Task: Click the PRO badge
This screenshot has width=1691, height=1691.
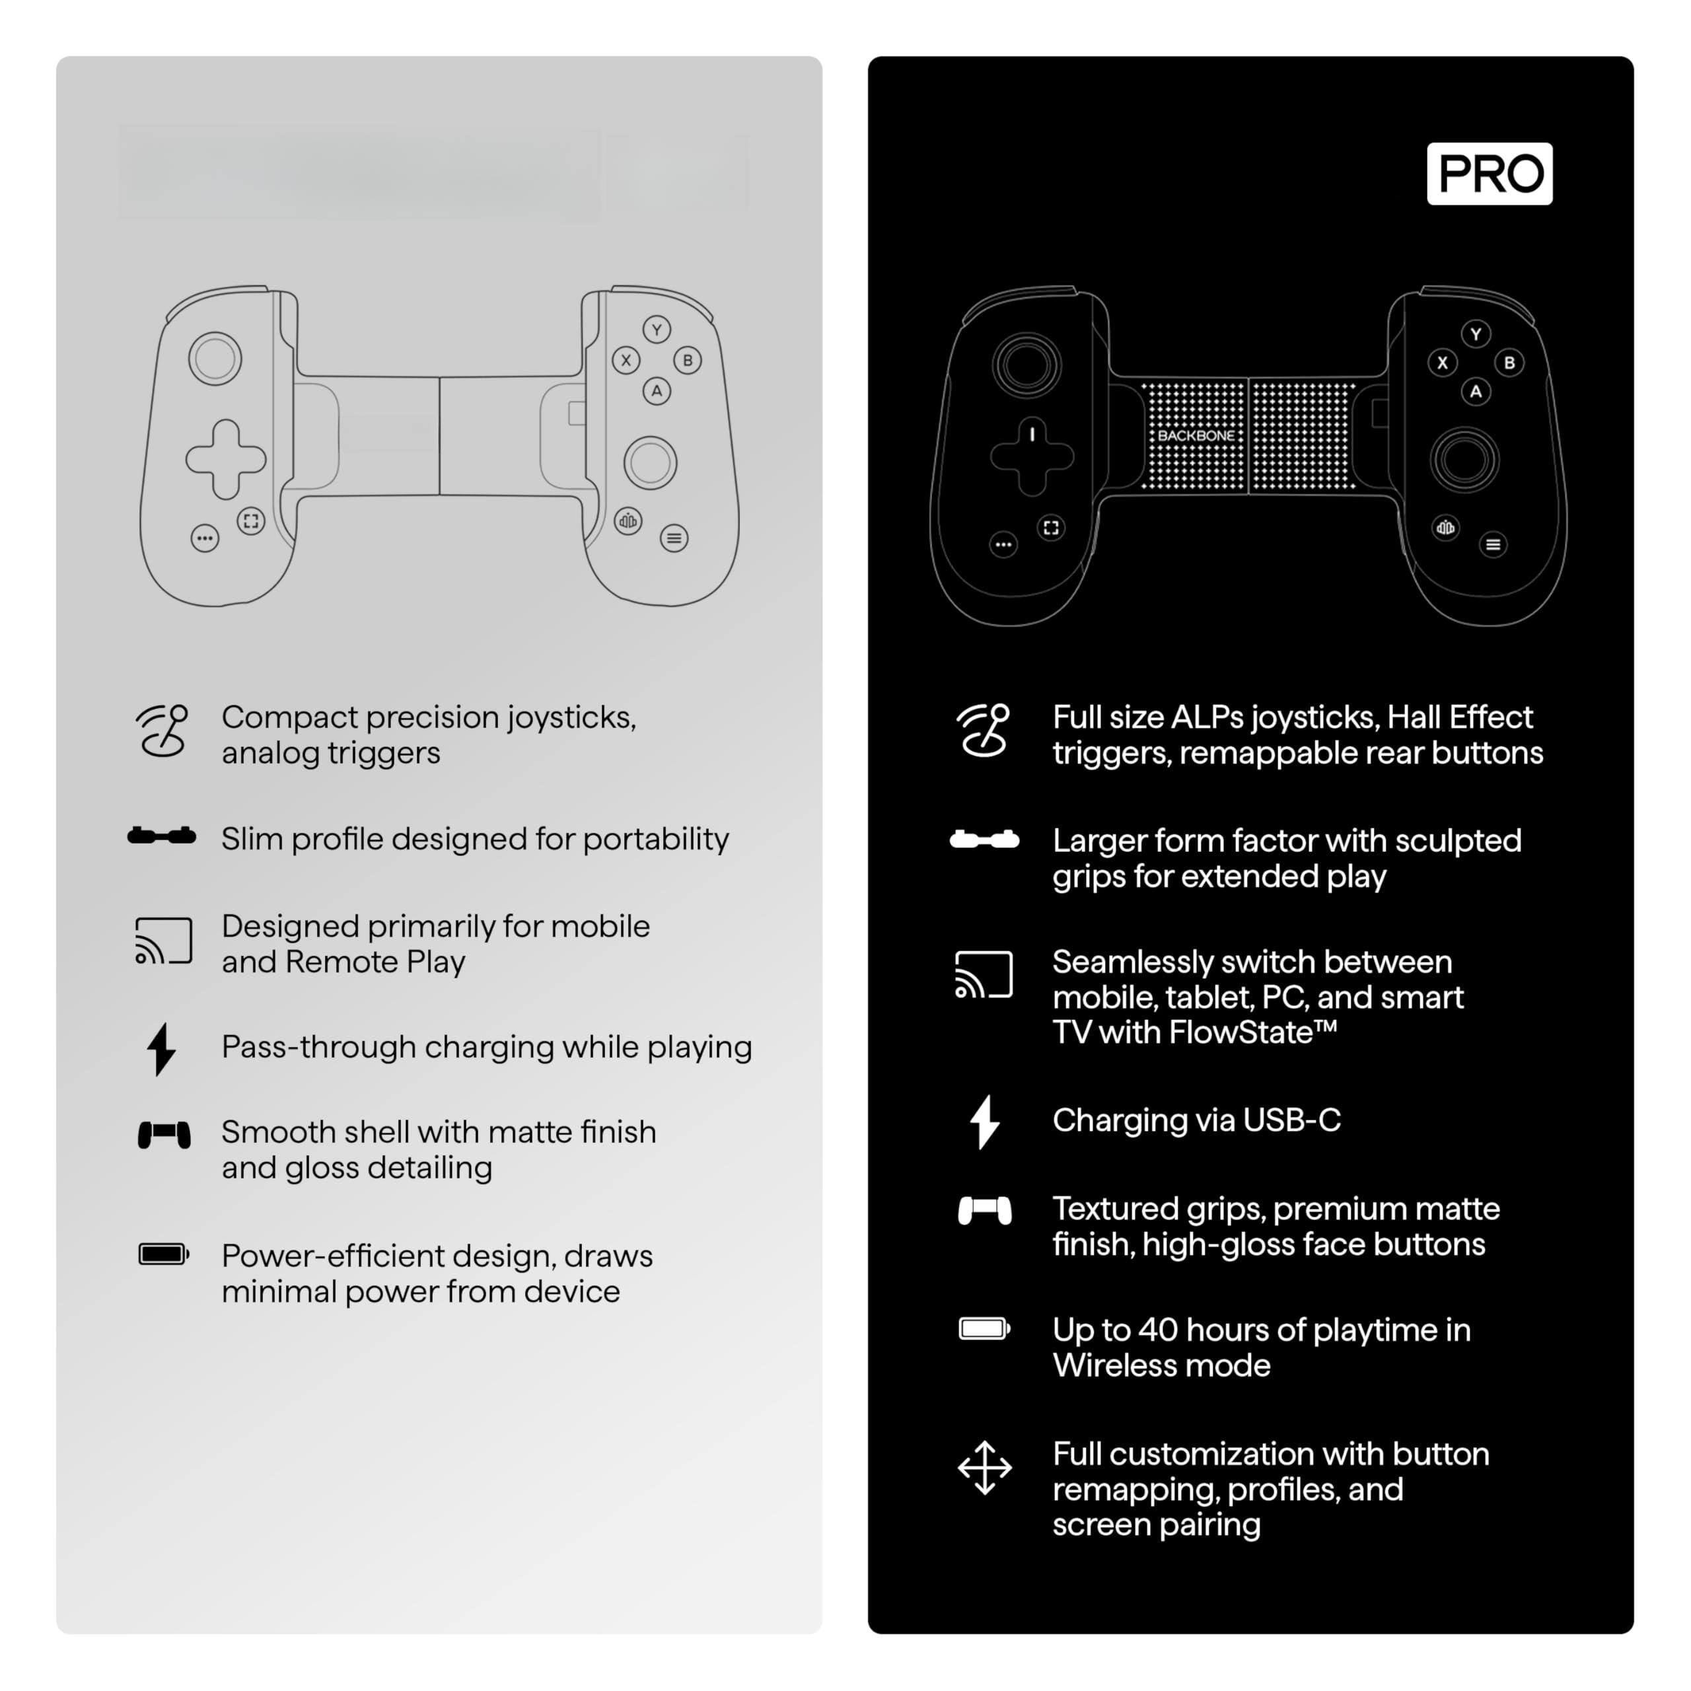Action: (1489, 173)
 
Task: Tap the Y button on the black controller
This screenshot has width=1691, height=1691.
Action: (1476, 334)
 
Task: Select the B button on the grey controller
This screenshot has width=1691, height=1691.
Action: (687, 360)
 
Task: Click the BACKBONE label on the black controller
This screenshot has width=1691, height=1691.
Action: (1196, 435)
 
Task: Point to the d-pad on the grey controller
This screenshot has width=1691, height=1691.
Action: (225, 458)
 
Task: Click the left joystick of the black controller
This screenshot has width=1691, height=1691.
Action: (1026, 365)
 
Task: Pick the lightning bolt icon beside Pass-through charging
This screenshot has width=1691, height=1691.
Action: (161, 1048)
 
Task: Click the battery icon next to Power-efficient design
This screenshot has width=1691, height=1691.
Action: (164, 1254)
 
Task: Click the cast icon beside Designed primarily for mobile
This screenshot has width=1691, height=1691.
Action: (164, 941)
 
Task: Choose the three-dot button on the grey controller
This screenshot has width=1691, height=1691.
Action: (205, 538)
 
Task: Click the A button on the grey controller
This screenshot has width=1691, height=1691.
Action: (657, 390)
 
